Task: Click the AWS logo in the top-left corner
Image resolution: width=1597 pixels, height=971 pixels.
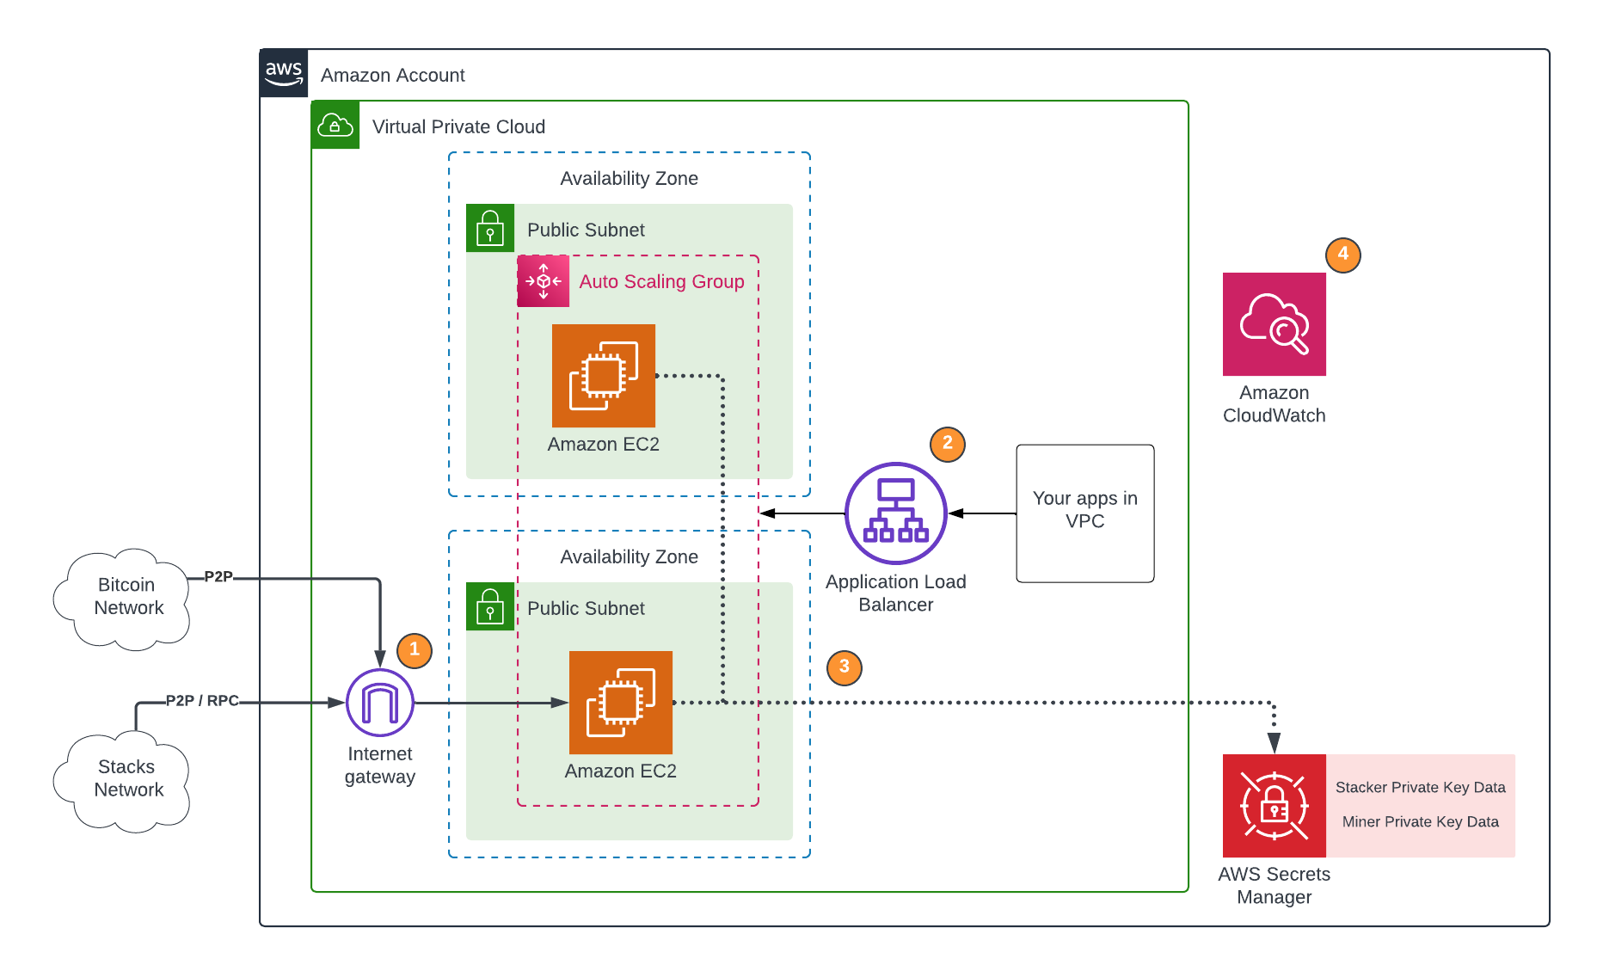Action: click(x=284, y=73)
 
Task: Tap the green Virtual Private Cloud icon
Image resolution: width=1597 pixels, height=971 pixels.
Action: click(x=335, y=126)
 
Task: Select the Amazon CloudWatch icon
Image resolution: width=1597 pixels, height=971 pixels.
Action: click(x=1274, y=324)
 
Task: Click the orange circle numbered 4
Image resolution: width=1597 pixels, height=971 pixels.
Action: click(x=1342, y=255)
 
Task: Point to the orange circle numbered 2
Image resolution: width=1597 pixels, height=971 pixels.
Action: click(x=947, y=444)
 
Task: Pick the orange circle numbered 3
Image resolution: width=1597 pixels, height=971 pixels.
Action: click(x=844, y=667)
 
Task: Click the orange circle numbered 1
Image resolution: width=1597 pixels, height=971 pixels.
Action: click(x=414, y=650)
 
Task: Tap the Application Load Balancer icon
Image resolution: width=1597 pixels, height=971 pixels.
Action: click(x=895, y=513)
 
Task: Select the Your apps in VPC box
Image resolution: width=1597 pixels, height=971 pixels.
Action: click(x=1084, y=513)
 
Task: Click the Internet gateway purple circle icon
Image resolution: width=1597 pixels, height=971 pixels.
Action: click(x=379, y=703)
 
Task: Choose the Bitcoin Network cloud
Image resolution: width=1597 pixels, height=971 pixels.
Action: click(x=125, y=598)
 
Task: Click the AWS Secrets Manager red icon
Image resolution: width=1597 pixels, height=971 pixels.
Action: click(x=1274, y=806)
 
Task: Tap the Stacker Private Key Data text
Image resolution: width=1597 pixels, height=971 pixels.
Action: click(x=1420, y=788)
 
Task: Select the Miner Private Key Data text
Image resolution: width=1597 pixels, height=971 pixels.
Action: click(x=1420, y=822)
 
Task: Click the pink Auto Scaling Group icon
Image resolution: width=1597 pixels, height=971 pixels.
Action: click(x=543, y=281)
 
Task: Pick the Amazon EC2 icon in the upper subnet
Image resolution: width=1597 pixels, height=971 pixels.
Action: click(x=603, y=376)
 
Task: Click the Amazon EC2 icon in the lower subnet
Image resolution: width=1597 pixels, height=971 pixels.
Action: click(x=620, y=703)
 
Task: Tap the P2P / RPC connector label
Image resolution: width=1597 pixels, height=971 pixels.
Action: click(x=202, y=701)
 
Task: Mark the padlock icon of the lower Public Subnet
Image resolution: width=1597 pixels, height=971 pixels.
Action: click(x=490, y=607)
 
